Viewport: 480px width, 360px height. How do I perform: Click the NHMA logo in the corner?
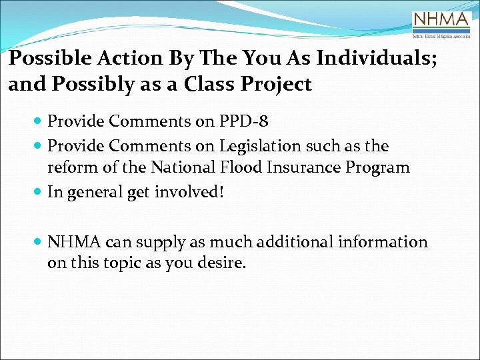[x=441, y=24]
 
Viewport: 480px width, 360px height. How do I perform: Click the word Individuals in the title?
[x=376, y=59]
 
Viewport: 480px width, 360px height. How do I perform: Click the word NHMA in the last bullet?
[x=70, y=241]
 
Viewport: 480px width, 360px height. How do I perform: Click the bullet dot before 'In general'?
[x=38, y=193]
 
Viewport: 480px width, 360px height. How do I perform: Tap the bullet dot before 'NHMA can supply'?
[x=38, y=242]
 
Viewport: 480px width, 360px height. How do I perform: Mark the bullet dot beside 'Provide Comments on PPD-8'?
[x=38, y=123]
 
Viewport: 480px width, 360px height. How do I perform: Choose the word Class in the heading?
[x=226, y=85]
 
